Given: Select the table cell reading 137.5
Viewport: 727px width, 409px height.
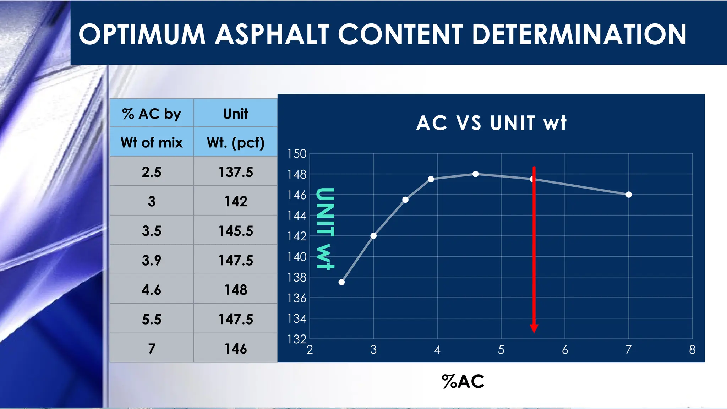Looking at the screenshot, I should point(236,172).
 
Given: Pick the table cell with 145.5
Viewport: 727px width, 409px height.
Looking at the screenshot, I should point(236,231).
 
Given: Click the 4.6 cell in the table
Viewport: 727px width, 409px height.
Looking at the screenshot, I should point(152,290).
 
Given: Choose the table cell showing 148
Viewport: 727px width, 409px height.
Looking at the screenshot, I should point(236,290).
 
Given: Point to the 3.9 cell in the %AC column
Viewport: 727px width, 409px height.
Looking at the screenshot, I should point(152,260).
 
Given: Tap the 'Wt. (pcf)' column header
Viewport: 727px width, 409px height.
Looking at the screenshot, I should point(236,142).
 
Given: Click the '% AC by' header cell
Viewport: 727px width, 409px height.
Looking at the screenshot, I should point(152,114).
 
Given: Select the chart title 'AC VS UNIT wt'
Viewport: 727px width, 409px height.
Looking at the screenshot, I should point(491,123).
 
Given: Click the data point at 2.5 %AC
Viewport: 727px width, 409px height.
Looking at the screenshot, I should point(341,282).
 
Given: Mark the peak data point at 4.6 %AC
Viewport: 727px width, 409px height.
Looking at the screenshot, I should point(476,174).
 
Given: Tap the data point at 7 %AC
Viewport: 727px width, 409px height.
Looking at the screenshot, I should point(629,195).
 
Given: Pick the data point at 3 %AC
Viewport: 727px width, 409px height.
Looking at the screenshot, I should point(373,236).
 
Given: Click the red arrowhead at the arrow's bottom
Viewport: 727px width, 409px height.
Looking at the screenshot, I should point(534,328).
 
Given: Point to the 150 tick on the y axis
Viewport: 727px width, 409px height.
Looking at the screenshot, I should point(297,154).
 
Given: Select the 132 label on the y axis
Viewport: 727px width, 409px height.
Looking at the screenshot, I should point(297,339).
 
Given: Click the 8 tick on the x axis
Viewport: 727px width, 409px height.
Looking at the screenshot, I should point(692,350).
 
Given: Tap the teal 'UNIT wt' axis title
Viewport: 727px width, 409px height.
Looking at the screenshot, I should point(325,229).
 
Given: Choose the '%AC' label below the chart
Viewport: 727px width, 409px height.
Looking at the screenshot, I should point(463,382).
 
